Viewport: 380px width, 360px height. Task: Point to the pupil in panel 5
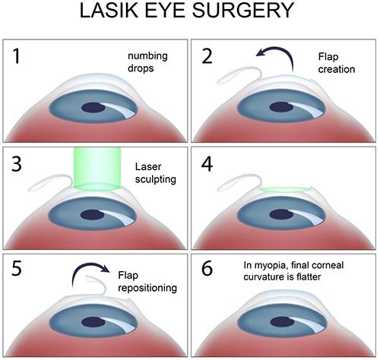tap(95, 322)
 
